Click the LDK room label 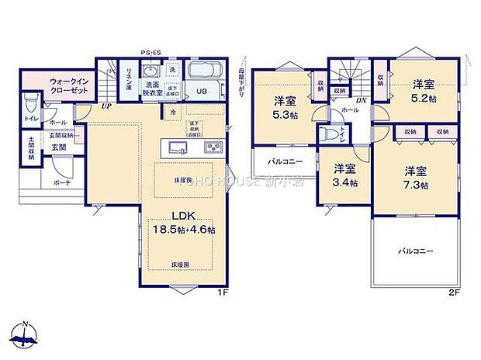(x=183, y=216)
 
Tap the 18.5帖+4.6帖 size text (x=184, y=230)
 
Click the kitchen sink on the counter (x=173, y=147)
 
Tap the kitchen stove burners (x=212, y=147)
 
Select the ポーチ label (x=62, y=184)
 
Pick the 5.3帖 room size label (x=285, y=107)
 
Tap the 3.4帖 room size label (x=344, y=175)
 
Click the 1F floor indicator (x=221, y=292)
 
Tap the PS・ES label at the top (x=151, y=53)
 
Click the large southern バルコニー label (x=415, y=251)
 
